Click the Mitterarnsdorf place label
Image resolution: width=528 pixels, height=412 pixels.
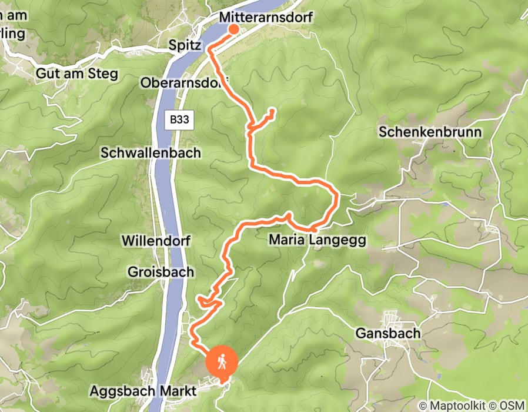pyautogui.click(x=265, y=18)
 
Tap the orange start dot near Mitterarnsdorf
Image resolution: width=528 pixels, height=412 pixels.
pyautogui.click(x=233, y=29)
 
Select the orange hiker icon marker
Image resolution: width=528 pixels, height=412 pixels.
pyautogui.click(x=221, y=361)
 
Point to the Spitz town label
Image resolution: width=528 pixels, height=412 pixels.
pyautogui.click(x=185, y=45)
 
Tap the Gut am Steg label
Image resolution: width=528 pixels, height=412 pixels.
pyautogui.click(x=77, y=74)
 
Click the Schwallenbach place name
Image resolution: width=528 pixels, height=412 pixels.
pyautogui.click(x=151, y=153)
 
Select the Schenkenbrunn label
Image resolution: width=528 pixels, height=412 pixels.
pyautogui.click(x=430, y=132)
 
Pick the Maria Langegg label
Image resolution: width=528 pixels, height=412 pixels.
pyautogui.click(x=317, y=240)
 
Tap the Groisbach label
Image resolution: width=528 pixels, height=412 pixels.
pyautogui.click(x=153, y=272)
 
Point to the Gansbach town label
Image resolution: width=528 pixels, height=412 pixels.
pyautogui.click(x=388, y=334)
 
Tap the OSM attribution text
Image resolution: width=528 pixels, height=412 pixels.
pyautogui.click(x=510, y=406)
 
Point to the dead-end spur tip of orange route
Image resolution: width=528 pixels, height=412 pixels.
pyautogui.click(x=273, y=111)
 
